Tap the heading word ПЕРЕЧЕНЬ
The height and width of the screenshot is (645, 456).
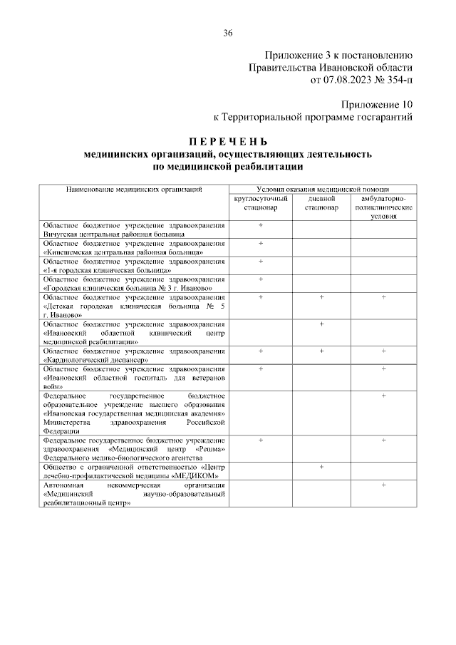pyautogui.click(x=228, y=140)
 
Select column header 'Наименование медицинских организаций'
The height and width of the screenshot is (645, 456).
pyautogui.click(x=135, y=189)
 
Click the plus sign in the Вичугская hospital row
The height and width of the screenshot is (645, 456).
pyautogui.click(x=261, y=225)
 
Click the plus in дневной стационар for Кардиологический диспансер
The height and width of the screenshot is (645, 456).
pyautogui.click(x=321, y=351)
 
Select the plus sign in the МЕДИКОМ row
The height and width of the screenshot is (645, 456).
pyautogui.click(x=321, y=466)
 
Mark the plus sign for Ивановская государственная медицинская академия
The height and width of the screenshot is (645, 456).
pyautogui.click(x=383, y=395)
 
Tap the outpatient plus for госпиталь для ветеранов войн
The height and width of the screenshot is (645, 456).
pyautogui.click(x=383, y=368)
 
